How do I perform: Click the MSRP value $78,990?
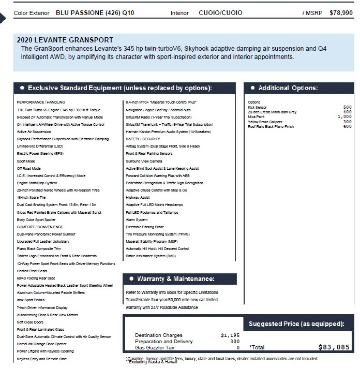pyautogui.click(x=342, y=13)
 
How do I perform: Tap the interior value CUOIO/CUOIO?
pyautogui.click(x=219, y=13)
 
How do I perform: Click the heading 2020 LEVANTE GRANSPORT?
pyautogui.click(x=65, y=40)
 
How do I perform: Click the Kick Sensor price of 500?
pyautogui.click(x=348, y=108)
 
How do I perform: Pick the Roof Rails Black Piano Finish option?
pyautogui.click(x=271, y=126)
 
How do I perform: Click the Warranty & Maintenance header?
pyautogui.click(x=175, y=279)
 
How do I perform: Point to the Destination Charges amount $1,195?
pyautogui.click(x=230, y=335)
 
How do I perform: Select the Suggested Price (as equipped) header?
pyautogui.click(x=296, y=325)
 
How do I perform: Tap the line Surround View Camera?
pyautogui.click(x=144, y=161)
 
